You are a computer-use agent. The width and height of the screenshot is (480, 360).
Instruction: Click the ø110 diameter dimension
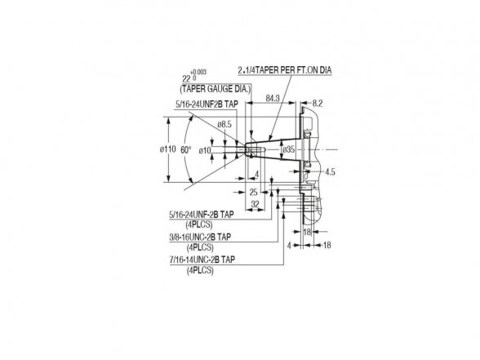coord(168,149)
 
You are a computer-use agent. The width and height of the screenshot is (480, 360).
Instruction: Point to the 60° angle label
coord(186,150)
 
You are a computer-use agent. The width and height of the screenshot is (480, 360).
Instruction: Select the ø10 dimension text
coord(205,150)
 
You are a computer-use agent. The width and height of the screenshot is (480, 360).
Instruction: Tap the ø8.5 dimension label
coord(224,124)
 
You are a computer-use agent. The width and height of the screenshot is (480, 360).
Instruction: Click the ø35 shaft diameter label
coord(289,149)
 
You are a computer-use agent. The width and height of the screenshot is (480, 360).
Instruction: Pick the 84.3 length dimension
coord(273,98)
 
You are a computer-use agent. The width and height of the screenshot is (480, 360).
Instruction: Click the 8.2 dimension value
coord(318,104)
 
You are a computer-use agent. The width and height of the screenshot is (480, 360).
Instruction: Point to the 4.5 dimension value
coord(330,171)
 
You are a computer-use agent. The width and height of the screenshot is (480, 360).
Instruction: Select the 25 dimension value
coord(253,193)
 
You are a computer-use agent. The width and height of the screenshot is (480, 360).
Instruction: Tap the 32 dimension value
coord(255,204)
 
